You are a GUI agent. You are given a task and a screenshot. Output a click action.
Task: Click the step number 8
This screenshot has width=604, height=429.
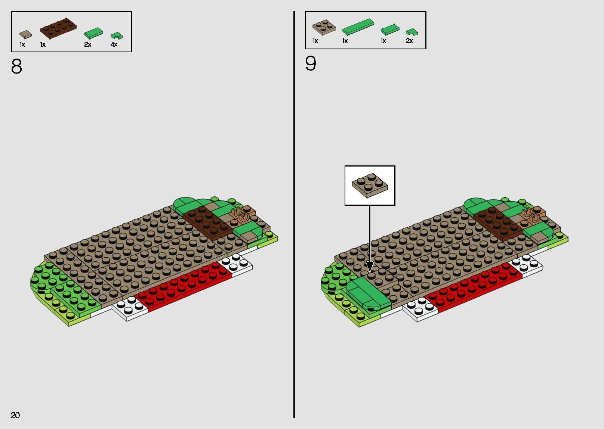(x=16, y=66)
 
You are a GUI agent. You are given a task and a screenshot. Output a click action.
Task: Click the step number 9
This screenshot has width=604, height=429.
(x=310, y=63)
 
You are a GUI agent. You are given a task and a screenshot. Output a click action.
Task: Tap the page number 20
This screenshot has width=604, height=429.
(x=15, y=415)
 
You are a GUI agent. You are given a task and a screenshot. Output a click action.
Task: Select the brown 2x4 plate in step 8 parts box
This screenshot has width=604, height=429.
(x=58, y=28)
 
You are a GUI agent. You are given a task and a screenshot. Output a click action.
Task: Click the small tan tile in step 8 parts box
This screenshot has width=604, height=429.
(x=25, y=34)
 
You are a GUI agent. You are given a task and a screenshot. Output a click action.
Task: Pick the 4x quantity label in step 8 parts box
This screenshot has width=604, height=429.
(x=114, y=44)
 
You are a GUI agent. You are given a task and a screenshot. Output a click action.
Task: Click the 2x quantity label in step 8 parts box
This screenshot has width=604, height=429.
(x=87, y=44)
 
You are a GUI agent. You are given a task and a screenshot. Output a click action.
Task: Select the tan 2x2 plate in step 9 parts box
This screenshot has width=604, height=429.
(x=324, y=27)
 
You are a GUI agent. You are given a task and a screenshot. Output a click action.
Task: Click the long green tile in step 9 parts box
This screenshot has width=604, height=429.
(x=358, y=27)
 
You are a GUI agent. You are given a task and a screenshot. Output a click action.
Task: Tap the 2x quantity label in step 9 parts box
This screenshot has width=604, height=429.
(x=409, y=41)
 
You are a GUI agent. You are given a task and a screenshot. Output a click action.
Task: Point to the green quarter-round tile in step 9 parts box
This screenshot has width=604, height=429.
(x=412, y=32)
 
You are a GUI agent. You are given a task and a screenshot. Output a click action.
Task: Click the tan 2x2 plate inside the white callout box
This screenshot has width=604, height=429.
(x=370, y=186)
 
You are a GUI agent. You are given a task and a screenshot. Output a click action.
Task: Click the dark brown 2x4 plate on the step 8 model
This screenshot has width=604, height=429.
(x=207, y=223)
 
